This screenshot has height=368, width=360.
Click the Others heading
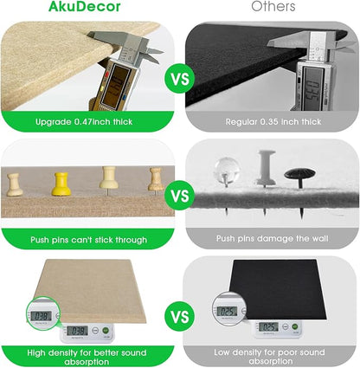(x=273, y=8)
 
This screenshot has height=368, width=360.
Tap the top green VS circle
(x=180, y=80)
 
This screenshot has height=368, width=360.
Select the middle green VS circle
(x=180, y=197)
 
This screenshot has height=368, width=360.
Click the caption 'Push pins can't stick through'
(x=87, y=236)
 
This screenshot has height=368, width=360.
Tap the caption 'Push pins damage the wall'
(x=273, y=236)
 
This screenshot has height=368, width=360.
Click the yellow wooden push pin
(x=61, y=184)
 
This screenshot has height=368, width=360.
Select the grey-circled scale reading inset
(x=228, y=311)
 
